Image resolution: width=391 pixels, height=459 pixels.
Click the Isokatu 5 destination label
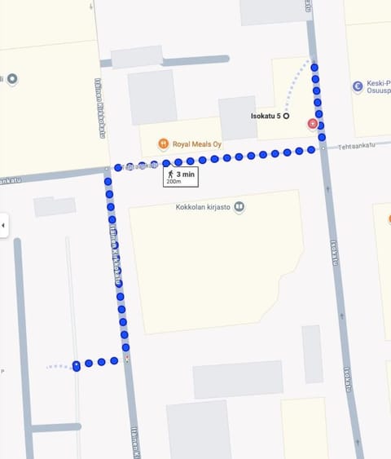(265, 117)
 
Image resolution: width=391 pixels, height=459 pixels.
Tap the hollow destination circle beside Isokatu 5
(286, 117)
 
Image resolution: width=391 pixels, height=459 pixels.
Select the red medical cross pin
(313, 123)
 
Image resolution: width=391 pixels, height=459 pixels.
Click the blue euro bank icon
(357, 86)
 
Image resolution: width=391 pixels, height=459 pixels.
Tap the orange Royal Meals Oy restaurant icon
(163, 143)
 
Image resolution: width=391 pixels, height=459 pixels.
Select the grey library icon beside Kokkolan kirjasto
(239, 207)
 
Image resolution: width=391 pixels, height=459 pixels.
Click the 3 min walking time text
(186, 174)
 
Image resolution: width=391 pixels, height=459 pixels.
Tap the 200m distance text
(174, 182)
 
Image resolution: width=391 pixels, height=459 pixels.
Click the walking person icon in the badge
(171, 174)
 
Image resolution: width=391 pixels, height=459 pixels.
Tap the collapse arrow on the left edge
(3, 225)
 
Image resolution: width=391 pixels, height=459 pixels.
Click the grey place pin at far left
(11, 79)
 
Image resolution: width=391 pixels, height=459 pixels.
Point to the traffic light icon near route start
(127, 359)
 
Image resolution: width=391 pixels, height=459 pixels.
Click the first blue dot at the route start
(76, 365)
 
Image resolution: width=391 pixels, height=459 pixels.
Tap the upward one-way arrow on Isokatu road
(328, 188)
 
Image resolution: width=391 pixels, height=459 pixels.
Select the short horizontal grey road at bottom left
(55, 426)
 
